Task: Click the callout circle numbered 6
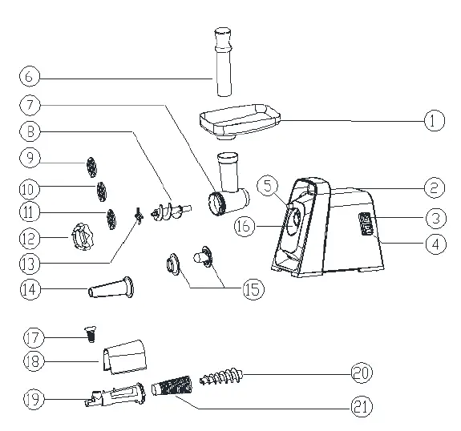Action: tap(28, 78)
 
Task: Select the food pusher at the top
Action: tap(220, 60)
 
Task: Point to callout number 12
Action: tap(28, 238)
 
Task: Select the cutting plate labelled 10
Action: tap(101, 191)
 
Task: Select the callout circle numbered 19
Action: tap(28, 398)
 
